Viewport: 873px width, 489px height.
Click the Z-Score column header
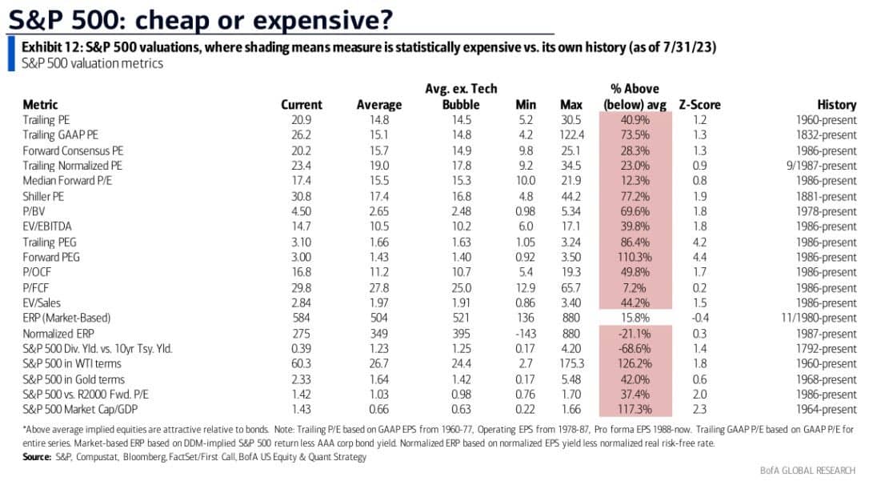tap(699, 105)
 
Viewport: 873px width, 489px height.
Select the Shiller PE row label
tap(43, 197)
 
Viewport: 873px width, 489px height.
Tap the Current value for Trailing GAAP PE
tap(301, 135)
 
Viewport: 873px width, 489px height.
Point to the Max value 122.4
tap(572, 135)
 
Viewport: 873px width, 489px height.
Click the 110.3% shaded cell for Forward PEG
tap(635, 258)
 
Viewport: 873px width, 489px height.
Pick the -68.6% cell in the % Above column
tap(635, 349)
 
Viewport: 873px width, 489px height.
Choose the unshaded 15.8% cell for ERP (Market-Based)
tap(635, 318)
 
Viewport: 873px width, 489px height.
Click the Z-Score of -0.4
tap(699, 318)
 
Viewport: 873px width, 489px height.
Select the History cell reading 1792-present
tap(827, 349)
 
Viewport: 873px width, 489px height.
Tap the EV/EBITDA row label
tap(47, 226)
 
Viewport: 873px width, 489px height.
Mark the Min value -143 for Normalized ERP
tap(526, 334)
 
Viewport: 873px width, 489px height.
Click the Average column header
tap(379, 105)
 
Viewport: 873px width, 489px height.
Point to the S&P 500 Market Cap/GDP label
tap(80, 409)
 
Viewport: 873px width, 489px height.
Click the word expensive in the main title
tap(323, 20)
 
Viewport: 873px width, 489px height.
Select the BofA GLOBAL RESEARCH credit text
tap(808, 471)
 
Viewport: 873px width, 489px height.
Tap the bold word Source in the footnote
tap(37, 457)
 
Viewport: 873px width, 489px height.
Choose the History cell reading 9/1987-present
tap(822, 166)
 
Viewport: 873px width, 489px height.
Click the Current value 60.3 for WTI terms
tap(301, 363)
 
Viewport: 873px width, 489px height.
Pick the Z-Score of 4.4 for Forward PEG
tap(699, 258)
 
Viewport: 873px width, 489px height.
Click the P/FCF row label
tap(36, 288)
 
